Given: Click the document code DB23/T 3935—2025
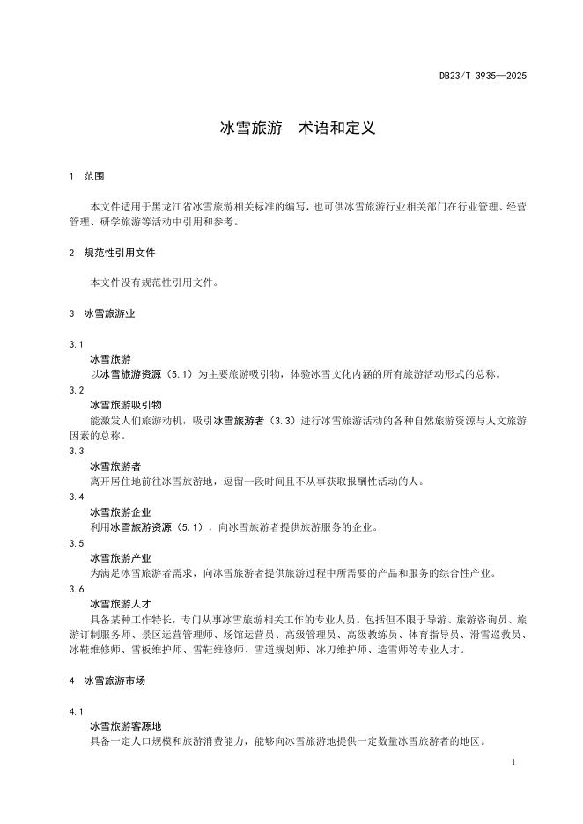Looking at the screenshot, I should click(x=483, y=77).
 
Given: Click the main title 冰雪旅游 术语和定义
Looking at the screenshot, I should click(x=298, y=128).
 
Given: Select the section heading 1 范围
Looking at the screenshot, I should click(x=86, y=177).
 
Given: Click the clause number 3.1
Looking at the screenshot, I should click(x=76, y=344).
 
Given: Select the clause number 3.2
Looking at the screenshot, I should click(x=76, y=390).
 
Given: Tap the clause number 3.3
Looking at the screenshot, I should click(x=76, y=451).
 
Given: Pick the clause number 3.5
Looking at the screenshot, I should click(x=76, y=543).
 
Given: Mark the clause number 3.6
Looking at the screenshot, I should click(x=76, y=589).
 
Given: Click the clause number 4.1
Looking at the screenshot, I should click(x=76, y=711).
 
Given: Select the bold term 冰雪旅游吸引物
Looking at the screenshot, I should click(x=126, y=405).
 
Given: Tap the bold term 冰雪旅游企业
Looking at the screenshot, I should click(x=121, y=512).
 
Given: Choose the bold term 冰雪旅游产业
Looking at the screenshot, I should click(x=121, y=558).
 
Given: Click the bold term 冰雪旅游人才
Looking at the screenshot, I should click(x=121, y=604).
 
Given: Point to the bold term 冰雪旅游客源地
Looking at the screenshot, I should click(x=126, y=726).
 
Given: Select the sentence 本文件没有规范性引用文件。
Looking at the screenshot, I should click(x=154, y=283).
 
